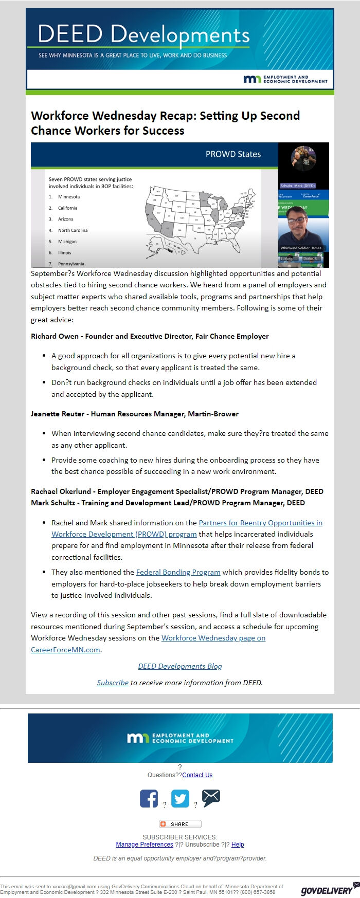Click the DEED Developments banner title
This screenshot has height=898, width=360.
[143, 34]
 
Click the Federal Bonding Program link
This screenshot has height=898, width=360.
[178, 572]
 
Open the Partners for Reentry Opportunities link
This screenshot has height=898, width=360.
[260, 523]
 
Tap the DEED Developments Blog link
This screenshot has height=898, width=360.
[180, 666]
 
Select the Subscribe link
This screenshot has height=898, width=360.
[113, 683]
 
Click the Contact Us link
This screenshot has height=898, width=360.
[197, 775]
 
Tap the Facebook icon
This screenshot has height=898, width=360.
[149, 798]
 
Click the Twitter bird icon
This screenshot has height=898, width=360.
[180, 798]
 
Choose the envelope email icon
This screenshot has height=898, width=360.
[211, 798]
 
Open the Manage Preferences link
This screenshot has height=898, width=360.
[145, 844]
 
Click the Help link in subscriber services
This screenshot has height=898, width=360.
[238, 844]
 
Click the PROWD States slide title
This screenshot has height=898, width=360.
[233, 154]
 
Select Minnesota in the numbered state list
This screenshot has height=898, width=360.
[69, 197]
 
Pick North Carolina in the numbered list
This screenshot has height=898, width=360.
[73, 230]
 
